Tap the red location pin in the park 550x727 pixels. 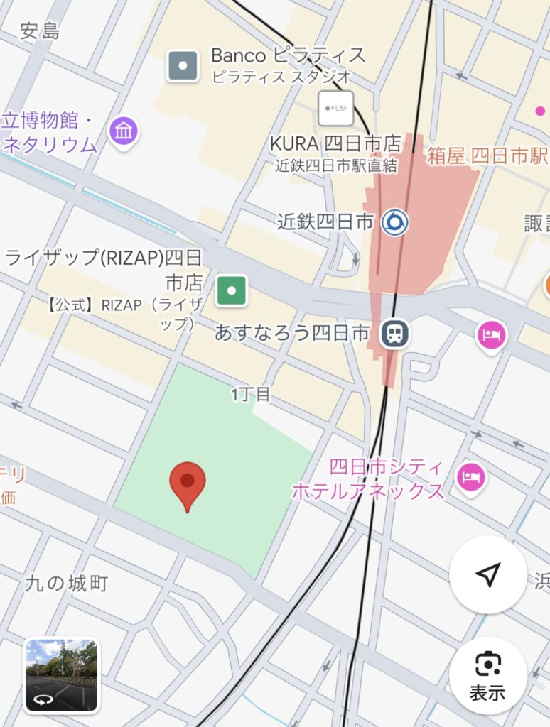tap(187, 483)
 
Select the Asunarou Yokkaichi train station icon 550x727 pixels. tap(394, 333)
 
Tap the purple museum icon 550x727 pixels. tap(124, 131)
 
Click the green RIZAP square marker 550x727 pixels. tap(232, 290)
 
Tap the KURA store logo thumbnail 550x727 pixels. tap(335, 108)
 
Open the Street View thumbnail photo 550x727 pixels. tap(62, 675)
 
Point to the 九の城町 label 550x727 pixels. tap(66, 584)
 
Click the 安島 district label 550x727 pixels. tap(40, 31)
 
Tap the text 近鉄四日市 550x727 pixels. tap(325, 222)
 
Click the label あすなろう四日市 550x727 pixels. tap(292, 333)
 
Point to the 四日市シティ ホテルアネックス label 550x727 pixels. tap(368, 479)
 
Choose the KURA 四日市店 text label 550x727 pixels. tap(335, 143)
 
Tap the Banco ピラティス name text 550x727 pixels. tap(289, 55)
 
